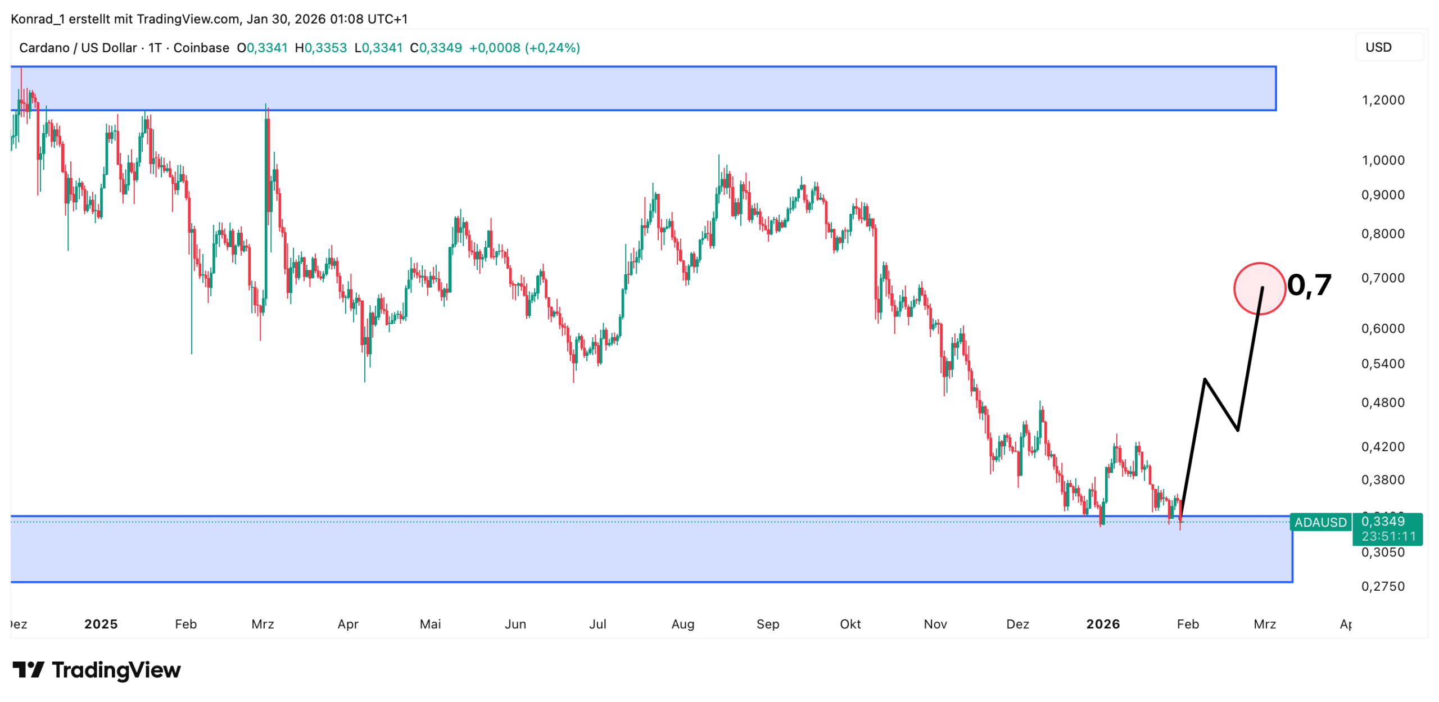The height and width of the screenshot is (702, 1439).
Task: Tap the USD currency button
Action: click(x=1378, y=47)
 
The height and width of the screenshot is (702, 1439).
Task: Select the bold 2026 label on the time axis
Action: click(x=1102, y=624)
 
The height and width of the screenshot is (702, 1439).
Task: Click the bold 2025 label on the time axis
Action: click(x=101, y=624)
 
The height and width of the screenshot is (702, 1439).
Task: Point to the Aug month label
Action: click(x=682, y=624)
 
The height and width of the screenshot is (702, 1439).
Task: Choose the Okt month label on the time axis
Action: click(x=849, y=624)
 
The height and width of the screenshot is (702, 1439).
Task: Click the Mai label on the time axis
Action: click(x=430, y=624)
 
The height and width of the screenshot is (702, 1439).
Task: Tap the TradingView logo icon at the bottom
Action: click(x=28, y=669)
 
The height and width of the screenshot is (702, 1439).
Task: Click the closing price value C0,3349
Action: click(x=436, y=48)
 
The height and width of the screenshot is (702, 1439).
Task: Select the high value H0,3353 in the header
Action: click(x=320, y=48)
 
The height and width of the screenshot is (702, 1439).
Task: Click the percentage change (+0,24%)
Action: click(x=552, y=48)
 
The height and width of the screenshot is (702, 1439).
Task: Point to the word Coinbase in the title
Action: click(x=201, y=48)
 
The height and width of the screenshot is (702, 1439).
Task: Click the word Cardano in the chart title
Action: click(x=44, y=48)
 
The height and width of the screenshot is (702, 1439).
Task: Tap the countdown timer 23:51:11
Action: click(x=1388, y=536)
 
